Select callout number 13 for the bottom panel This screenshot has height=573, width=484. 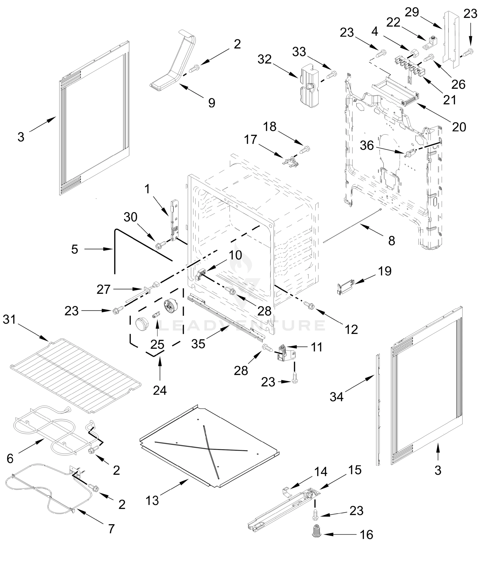[x=152, y=500]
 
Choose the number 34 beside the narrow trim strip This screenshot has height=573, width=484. [x=336, y=396]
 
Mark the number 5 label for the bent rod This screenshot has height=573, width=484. [x=75, y=249]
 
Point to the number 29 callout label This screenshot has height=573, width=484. [x=412, y=12]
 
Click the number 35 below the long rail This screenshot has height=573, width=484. [x=198, y=344]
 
